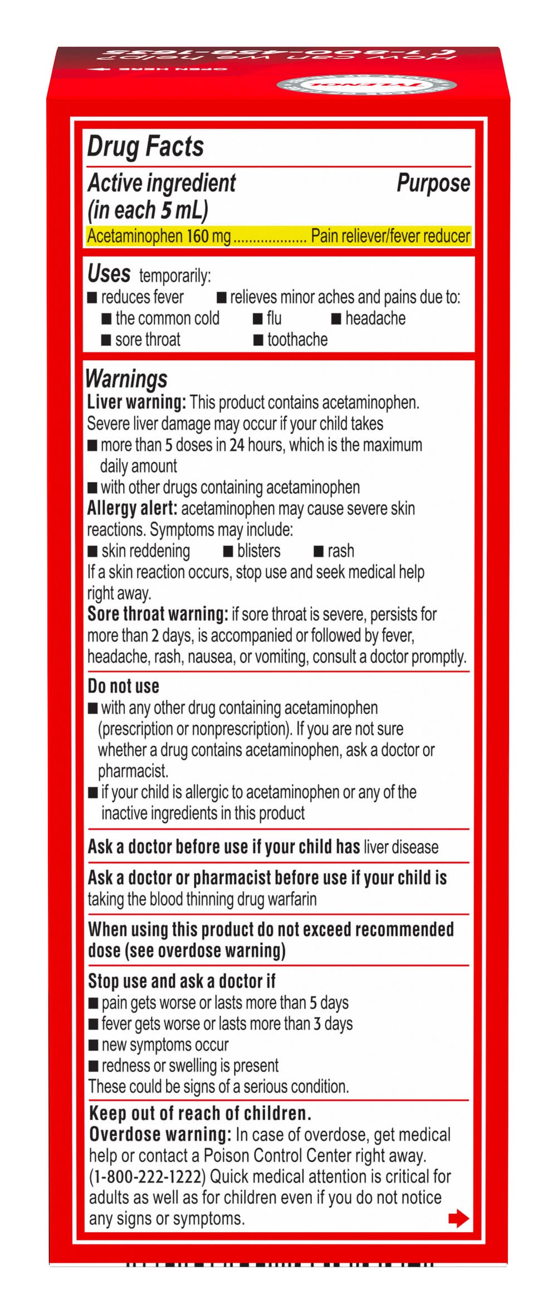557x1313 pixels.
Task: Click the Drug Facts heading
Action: pyautogui.click(x=146, y=147)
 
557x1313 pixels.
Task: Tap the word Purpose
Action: pyautogui.click(x=433, y=183)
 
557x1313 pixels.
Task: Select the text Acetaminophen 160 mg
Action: pyautogui.click(x=159, y=236)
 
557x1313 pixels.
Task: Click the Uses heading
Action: pyautogui.click(x=109, y=273)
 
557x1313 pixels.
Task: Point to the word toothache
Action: pyautogui.click(x=297, y=340)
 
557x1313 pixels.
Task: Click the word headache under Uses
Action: pyautogui.click(x=375, y=318)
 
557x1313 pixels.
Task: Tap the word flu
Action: pyautogui.click(x=274, y=318)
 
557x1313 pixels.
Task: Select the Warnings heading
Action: pyautogui.click(x=126, y=379)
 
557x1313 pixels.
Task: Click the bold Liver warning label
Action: pyautogui.click(x=136, y=402)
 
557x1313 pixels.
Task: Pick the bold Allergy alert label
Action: pyautogui.click(x=132, y=508)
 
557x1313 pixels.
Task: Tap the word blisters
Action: pyautogui.click(x=258, y=551)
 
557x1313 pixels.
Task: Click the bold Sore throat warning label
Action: pyautogui.click(x=158, y=614)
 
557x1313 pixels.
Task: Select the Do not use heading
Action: pyautogui.click(x=123, y=686)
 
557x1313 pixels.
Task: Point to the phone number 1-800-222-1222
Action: pyautogui.click(x=148, y=1176)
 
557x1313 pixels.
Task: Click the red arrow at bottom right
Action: pyautogui.click(x=458, y=1218)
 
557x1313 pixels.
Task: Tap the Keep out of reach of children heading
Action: pyautogui.click(x=199, y=1113)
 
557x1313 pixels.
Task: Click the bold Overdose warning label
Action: pyautogui.click(x=160, y=1134)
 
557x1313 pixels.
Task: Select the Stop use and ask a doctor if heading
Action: pyautogui.click(x=182, y=981)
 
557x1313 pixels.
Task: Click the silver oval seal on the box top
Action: pyautogui.click(x=367, y=85)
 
